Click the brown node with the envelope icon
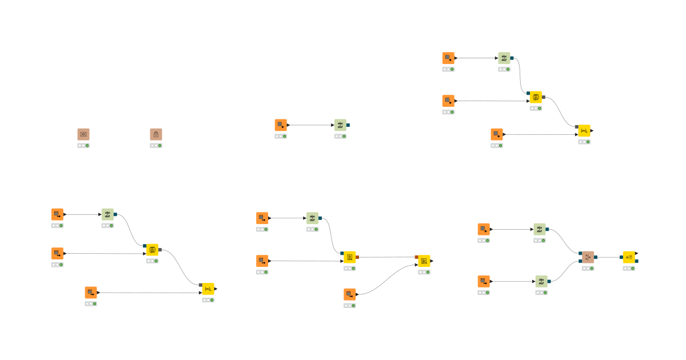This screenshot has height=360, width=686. point(83,134)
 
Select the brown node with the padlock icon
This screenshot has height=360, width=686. point(156,134)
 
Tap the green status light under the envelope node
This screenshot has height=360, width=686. point(87,146)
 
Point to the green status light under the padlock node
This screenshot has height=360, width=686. point(159,146)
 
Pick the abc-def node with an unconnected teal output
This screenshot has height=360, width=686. point(340,125)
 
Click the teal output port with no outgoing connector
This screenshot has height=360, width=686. point(348,125)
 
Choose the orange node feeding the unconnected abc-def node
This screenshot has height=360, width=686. point(281,125)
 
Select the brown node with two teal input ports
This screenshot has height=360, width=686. point(588,257)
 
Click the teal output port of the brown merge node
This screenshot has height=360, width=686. point(596,257)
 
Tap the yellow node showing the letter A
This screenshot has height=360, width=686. point(629,257)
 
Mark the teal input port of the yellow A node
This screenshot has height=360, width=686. point(621,257)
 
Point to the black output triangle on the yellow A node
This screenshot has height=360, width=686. point(637,253)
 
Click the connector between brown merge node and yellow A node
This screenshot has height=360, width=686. point(608,257)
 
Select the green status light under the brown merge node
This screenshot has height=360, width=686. point(591,269)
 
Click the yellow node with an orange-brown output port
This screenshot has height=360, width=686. point(349,257)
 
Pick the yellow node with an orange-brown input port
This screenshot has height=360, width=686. point(424,261)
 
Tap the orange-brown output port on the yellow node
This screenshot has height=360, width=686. point(357,257)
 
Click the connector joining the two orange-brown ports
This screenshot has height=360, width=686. point(386,257)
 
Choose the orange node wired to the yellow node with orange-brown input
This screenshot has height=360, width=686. point(350,294)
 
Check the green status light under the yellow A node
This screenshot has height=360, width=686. point(632,269)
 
